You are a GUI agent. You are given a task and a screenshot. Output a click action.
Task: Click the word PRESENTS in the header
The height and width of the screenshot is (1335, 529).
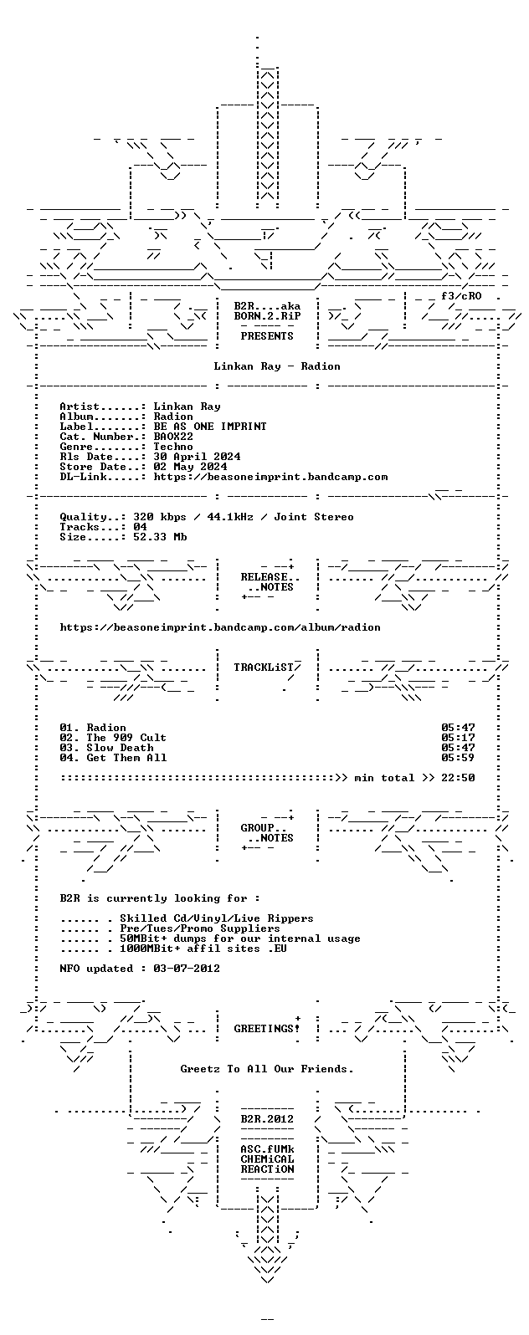tap(267, 336)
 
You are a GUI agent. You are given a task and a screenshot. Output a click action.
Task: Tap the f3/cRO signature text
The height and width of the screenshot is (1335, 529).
tap(461, 295)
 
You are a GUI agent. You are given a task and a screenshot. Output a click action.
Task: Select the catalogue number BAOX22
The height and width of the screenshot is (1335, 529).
tap(173, 437)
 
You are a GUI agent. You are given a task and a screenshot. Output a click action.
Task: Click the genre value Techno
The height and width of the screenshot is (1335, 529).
tap(173, 447)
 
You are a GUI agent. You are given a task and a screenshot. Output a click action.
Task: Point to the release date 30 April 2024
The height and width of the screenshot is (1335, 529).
tap(197, 457)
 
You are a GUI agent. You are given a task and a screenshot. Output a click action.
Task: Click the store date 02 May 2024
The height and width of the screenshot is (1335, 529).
tap(190, 467)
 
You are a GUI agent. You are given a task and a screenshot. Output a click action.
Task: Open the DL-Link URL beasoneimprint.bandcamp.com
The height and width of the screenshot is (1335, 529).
tap(270, 477)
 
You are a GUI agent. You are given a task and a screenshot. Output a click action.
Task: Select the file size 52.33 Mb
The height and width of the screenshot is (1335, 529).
tap(160, 537)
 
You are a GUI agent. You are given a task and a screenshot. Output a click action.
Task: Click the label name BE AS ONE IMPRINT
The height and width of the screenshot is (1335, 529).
tap(210, 426)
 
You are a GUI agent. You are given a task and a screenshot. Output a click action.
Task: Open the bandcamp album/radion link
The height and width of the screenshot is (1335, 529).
tap(220, 627)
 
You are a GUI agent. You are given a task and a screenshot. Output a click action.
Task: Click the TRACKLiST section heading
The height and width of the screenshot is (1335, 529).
tap(264, 667)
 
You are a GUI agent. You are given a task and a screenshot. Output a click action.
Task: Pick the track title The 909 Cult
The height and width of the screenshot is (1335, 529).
tap(126, 738)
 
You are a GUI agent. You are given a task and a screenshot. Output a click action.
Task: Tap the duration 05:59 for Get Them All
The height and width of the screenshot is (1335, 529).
tap(458, 758)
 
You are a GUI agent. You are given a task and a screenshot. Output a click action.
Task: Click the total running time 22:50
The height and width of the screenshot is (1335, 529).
tap(458, 778)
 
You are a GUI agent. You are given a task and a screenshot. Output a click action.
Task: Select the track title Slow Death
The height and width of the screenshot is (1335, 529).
tap(120, 748)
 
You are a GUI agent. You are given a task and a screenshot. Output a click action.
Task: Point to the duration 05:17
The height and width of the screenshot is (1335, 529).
tap(458, 738)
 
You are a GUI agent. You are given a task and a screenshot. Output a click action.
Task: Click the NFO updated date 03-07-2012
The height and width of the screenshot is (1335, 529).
tap(187, 969)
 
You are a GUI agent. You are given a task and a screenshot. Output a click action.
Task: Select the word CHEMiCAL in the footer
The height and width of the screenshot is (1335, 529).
tap(267, 1159)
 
